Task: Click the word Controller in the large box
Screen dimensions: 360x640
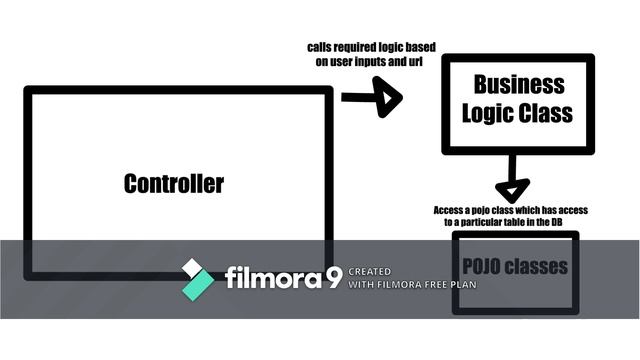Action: click(x=174, y=184)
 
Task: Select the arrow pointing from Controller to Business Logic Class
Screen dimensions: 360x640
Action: click(x=373, y=98)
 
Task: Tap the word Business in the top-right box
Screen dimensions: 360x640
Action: click(x=518, y=84)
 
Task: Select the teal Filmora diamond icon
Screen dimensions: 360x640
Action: click(x=197, y=278)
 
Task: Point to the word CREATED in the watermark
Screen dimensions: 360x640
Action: click(x=370, y=271)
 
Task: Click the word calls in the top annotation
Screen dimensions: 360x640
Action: click(x=321, y=47)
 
